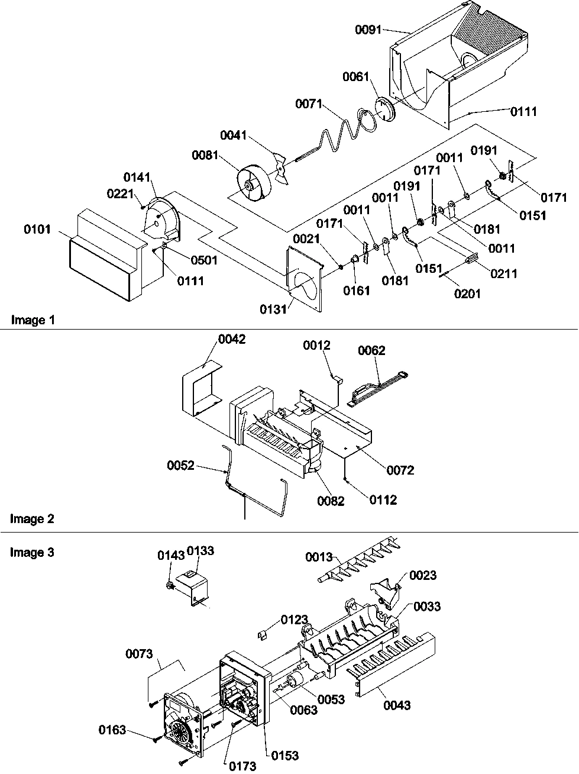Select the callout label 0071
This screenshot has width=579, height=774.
click(x=308, y=104)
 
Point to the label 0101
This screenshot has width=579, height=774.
click(x=38, y=229)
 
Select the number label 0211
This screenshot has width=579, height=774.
click(x=503, y=273)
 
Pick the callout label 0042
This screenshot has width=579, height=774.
click(x=231, y=339)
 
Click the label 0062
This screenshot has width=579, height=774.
click(x=371, y=350)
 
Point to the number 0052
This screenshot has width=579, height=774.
click(x=180, y=466)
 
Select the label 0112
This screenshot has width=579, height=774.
click(x=383, y=500)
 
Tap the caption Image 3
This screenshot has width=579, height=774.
click(x=33, y=553)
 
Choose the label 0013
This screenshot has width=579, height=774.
click(x=319, y=557)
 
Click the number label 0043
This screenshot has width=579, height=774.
click(x=396, y=705)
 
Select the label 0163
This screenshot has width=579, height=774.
click(x=112, y=730)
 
